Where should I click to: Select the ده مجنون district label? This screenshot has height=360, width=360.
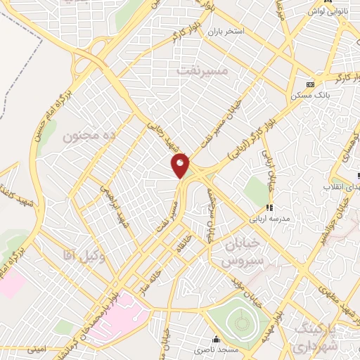[89, 134]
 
